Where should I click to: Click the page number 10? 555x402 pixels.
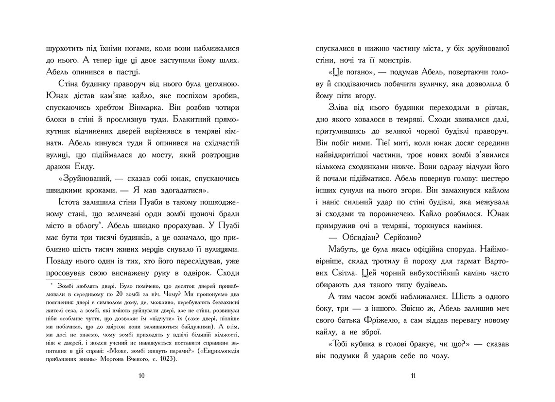141,375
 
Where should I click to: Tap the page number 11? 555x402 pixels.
413,375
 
